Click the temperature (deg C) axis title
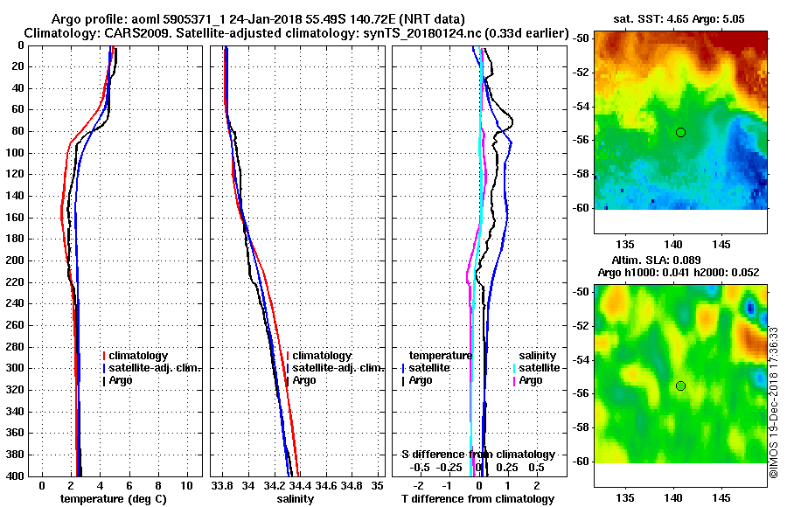pos(113,499)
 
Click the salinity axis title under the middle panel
pos(295,499)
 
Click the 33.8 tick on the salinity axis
pos(223,485)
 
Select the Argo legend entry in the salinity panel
pos(304,380)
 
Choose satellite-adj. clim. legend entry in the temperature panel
pos(155,368)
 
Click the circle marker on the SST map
pos(680,132)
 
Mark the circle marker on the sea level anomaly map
pos(680,385)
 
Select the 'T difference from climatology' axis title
pos(478,499)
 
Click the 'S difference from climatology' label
pos(478,455)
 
